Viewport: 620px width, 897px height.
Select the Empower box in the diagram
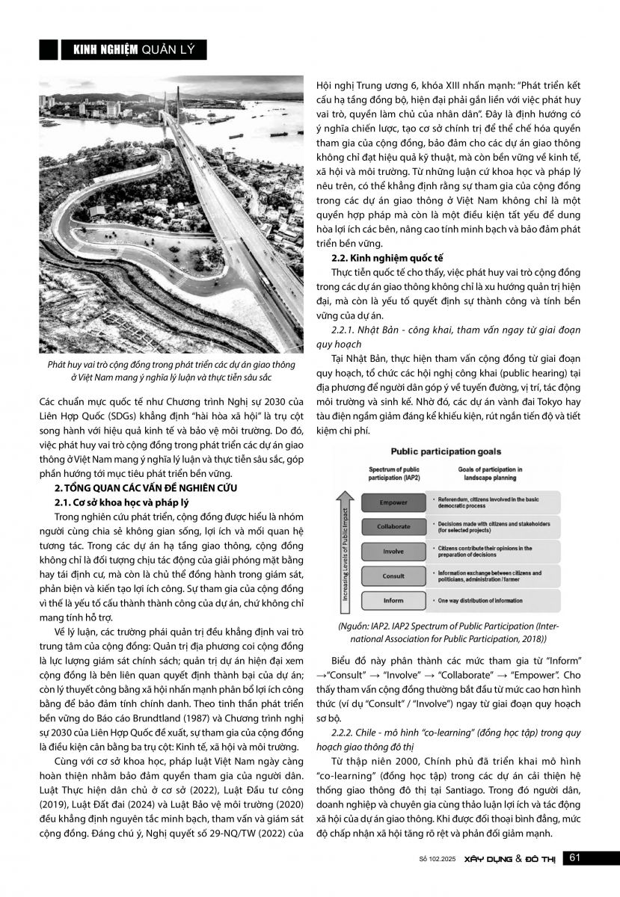pyautogui.click(x=393, y=503)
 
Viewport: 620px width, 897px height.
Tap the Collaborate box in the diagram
pyautogui.click(x=393, y=526)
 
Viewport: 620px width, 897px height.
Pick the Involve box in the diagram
pyautogui.click(x=393, y=551)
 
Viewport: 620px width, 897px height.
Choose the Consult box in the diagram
pyautogui.click(x=393, y=576)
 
